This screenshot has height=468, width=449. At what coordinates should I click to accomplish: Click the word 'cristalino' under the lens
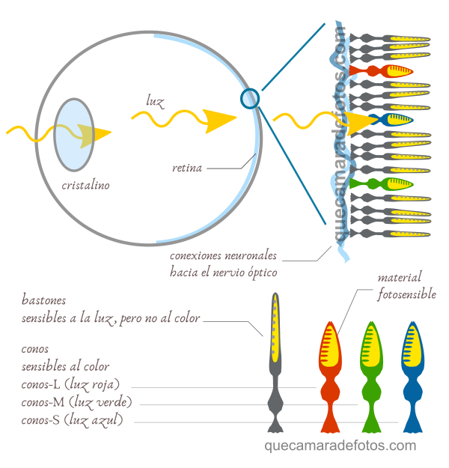coord(85,185)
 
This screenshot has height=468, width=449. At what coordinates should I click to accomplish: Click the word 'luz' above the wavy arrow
coord(156,100)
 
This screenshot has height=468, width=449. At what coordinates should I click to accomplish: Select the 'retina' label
coord(187,168)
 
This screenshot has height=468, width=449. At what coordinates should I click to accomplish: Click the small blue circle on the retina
coord(250,97)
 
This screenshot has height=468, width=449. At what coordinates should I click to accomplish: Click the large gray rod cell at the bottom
coord(276,359)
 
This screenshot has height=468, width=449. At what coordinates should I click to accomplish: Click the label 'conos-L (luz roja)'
coord(70,385)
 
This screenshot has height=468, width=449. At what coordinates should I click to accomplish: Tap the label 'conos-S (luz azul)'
coord(72,421)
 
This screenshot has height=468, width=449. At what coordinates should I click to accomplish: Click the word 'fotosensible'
coord(406,294)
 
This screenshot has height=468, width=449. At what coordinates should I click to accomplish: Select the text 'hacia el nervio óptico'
coord(223,272)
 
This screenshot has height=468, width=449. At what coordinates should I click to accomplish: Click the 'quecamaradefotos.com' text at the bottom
coord(340,446)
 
